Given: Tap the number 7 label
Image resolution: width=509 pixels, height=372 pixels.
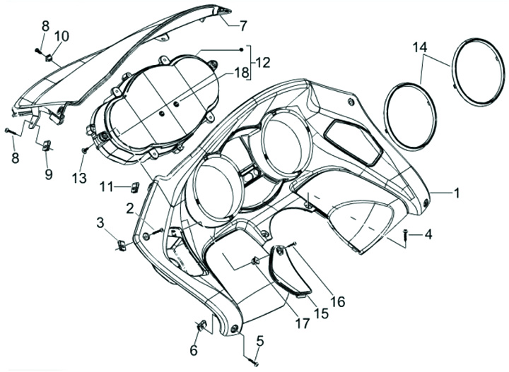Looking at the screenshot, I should tap(243, 26).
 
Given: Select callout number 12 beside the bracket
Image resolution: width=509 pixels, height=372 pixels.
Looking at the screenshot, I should tap(263, 62).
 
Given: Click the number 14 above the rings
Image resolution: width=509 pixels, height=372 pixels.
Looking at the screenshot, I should tap(421, 47).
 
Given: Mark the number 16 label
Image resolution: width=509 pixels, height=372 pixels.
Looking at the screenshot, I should tap(337, 301).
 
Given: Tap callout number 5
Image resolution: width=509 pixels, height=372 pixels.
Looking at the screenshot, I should tap(259, 342).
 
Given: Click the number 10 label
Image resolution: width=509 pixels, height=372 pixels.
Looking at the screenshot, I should tap(62, 36).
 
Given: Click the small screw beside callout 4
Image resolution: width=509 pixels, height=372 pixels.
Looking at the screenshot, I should tap(405, 235).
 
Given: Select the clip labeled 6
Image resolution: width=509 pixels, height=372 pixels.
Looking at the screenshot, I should tap(200, 326).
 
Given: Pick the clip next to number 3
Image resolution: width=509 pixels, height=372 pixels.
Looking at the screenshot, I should tap(120, 245).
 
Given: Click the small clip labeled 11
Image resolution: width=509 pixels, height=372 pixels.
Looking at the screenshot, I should tap(134, 187).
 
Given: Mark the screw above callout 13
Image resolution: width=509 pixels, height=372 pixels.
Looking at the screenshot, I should tap(85, 150).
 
